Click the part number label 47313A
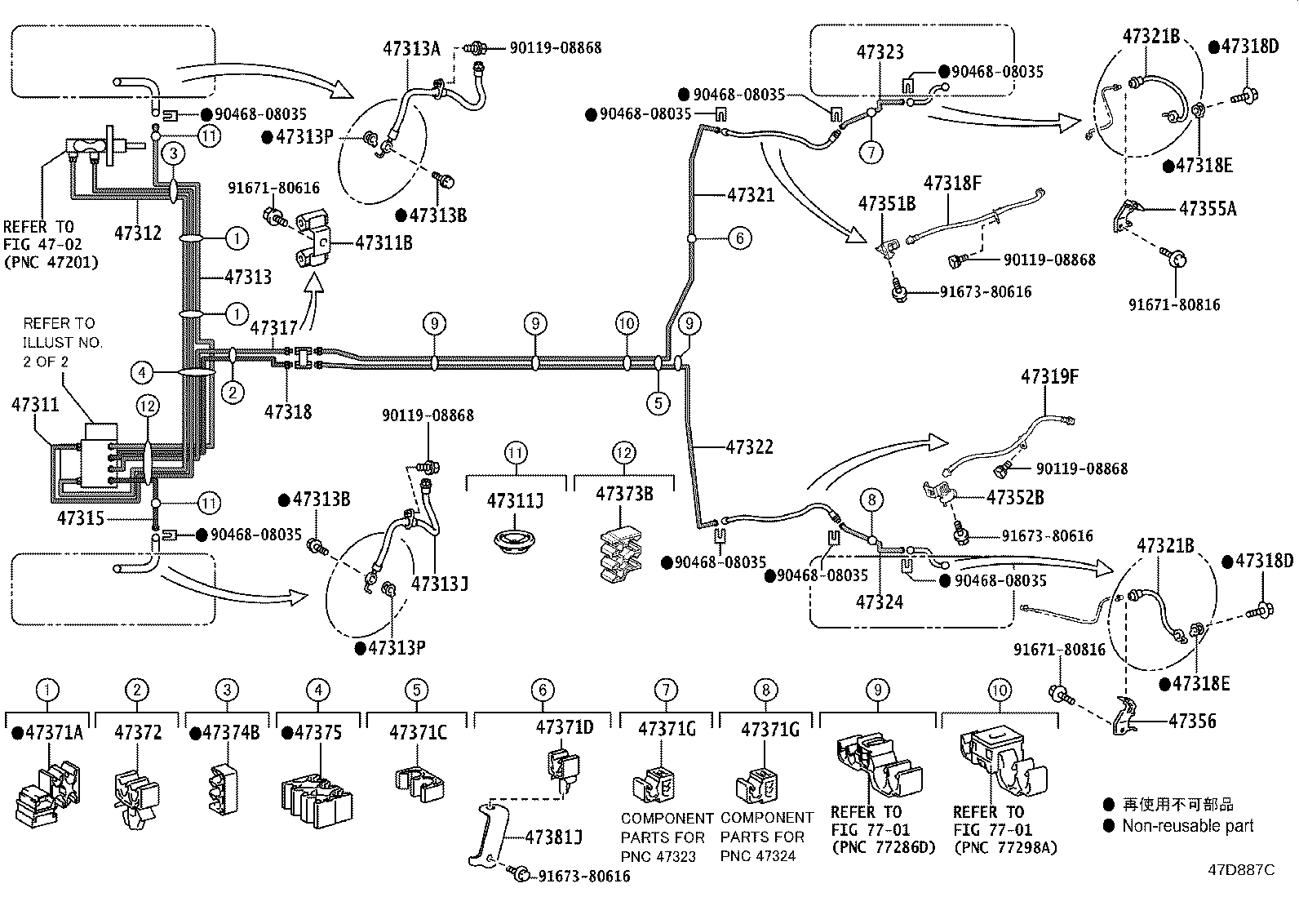[x=411, y=49]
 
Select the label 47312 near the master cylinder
[x=137, y=233]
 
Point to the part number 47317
[x=273, y=328]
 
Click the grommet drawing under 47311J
[x=514, y=542]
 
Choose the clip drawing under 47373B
[x=621, y=553]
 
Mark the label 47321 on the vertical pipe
[x=751, y=195]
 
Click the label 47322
[x=750, y=446]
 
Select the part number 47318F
[x=952, y=184]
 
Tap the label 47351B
[x=887, y=204]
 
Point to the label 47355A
[x=1208, y=209]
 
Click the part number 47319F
[x=1049, y=376]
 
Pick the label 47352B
[x=1015, y=498]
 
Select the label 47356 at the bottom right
[x=1192, y=722]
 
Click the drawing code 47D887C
[x=1242, y=870]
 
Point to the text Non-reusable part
[x=1188, y=826]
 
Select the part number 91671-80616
[x=273, y=188]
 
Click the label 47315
[x=81, y=518]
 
